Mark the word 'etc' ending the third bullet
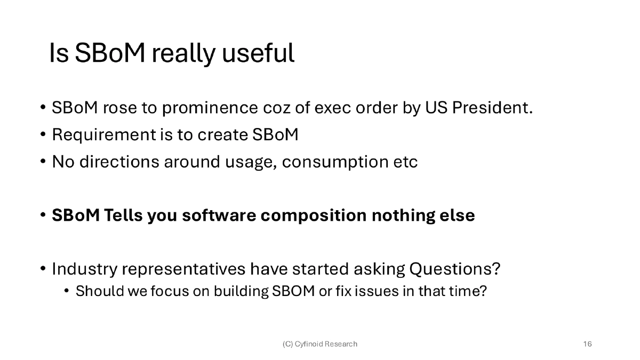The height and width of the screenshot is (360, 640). [407, 162]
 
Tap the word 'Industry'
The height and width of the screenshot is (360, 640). [84, 269]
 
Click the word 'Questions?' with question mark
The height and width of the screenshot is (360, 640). [454, 269]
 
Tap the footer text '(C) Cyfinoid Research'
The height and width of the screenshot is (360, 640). [319, 344]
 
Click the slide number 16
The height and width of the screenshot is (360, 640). [587, 344]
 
